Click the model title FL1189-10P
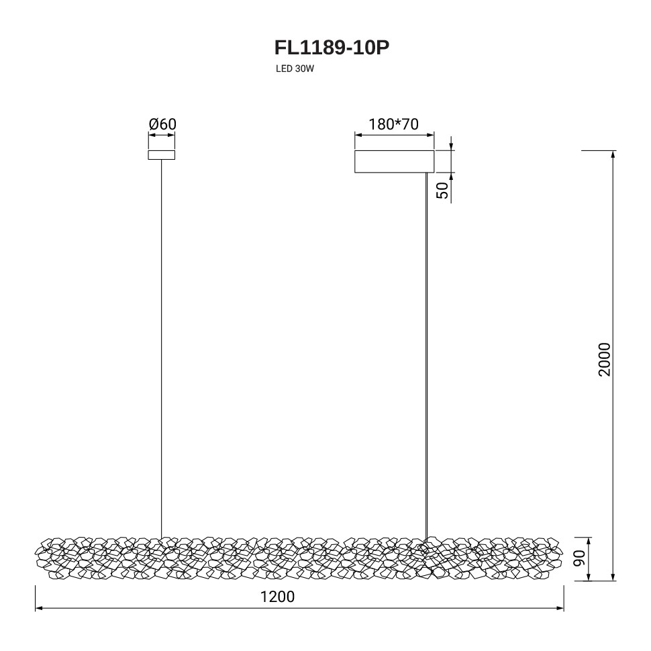(332, 48)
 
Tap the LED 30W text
(295, 69)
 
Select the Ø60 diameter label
(162, 124)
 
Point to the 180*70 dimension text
(393, 124)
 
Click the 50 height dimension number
(443, 191)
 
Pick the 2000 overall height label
(605, 360)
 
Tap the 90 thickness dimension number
(579, 558)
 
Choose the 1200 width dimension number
(277, 597)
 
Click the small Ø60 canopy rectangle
(162, 155)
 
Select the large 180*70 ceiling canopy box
(394, 162)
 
